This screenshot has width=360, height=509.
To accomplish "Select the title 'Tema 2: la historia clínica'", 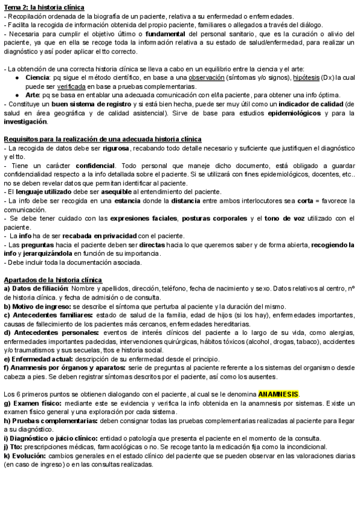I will click(x=44, y=7).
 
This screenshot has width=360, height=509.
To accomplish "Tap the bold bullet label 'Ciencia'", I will click(x=37, y=78).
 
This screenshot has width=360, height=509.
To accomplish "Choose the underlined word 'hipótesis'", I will click(x=310, y=78).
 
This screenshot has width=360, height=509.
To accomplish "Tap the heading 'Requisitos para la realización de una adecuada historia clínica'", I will click(x=103, y=139).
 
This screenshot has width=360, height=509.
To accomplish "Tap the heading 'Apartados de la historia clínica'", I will click(x=53, y=280).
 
